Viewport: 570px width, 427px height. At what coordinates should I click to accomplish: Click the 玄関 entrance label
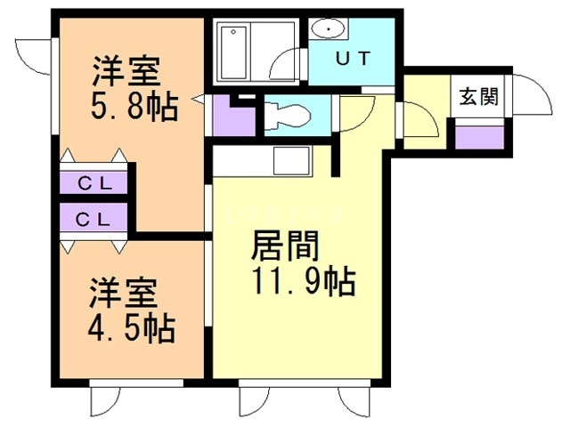click(x=478, y=97)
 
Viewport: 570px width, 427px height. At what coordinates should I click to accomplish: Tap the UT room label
click(x=353, y=59)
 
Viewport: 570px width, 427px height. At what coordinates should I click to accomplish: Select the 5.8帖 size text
click(x=134, y=107)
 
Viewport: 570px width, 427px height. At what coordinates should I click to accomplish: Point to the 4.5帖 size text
click(x=132, y=328)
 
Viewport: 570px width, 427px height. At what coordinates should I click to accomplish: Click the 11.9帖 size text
click(x=304, y=281)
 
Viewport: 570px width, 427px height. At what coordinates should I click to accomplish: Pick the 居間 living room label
click(x=285, y=246)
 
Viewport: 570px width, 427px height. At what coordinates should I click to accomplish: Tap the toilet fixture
click(x=287, y=116)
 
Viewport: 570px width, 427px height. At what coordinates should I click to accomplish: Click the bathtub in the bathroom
click(x=233, y=52)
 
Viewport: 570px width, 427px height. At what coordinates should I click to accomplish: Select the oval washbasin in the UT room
click(x=329, y=28)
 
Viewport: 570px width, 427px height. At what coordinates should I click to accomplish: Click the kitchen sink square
click(x=292, y=161)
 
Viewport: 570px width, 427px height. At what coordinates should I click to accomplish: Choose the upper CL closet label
click(x=95, y=184)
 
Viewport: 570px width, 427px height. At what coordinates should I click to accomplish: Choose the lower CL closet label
click(x=93, y=219)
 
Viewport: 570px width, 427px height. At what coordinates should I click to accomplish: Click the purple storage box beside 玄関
click(x=479, y=137)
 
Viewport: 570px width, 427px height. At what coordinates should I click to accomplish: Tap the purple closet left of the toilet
click(x=233, y=117)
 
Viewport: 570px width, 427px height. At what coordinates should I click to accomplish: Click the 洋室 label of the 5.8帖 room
click(x=126, y=71)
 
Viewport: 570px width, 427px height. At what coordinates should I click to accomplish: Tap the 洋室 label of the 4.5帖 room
click(x=124, y=294)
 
